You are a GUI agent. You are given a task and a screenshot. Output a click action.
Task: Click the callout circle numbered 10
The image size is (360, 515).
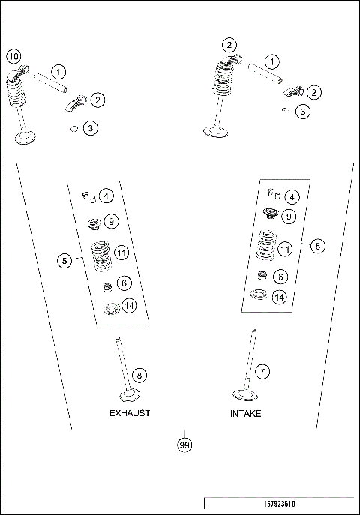[x=13, y=55]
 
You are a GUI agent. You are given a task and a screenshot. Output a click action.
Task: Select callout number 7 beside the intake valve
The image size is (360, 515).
[x=262, y=370]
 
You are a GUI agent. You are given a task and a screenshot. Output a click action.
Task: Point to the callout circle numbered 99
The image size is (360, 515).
[x=184, y=445]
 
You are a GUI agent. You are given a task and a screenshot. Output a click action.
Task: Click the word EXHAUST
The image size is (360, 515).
[x=130, y=413]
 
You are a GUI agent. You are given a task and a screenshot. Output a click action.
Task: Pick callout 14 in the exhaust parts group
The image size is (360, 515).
[x=129, y=305]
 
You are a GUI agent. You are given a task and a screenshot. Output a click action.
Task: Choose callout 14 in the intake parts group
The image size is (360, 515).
[x=279, y=297]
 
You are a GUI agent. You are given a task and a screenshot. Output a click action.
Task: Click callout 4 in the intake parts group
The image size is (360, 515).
[x=291, y=196]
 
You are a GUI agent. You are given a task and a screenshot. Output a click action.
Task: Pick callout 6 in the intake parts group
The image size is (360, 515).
[x=279, y=276]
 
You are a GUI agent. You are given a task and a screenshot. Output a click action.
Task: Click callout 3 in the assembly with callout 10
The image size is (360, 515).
[x=90, y=128]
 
